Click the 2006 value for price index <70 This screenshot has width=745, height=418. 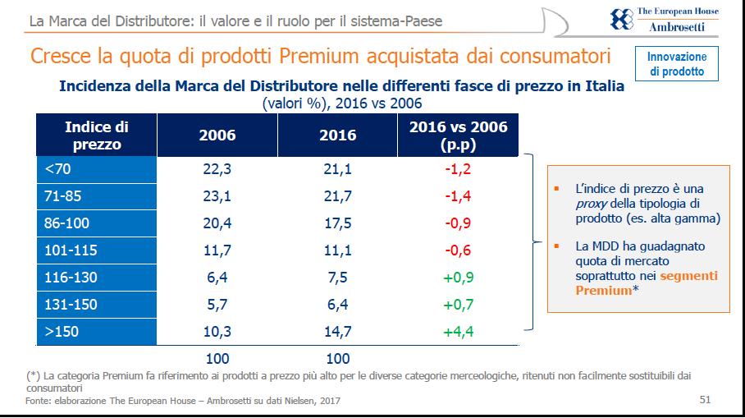tap(217, 169)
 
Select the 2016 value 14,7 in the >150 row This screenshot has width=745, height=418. tap(337, 332)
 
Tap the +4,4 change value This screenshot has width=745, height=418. tap(459, 332)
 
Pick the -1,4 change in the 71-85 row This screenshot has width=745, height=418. tap(459, 196)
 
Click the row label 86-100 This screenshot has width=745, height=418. tap(67, 223)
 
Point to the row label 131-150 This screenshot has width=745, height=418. tap(71, 305)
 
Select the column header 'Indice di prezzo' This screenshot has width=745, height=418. tap(97, 136)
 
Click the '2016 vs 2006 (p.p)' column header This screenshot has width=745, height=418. tap(458, 136)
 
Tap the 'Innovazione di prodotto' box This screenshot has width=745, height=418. tap(677, 65)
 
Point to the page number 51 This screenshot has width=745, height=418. tap(705, 400)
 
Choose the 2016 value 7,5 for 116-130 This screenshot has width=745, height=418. tap(337, 278)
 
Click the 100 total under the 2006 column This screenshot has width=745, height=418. tap(217, 358)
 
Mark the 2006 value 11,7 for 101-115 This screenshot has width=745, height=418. tap(217, 250)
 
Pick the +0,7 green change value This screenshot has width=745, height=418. tap(459, 305)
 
